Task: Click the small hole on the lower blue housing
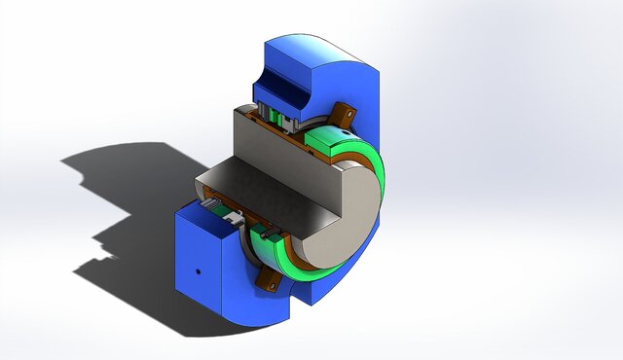[x=198, y=271]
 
